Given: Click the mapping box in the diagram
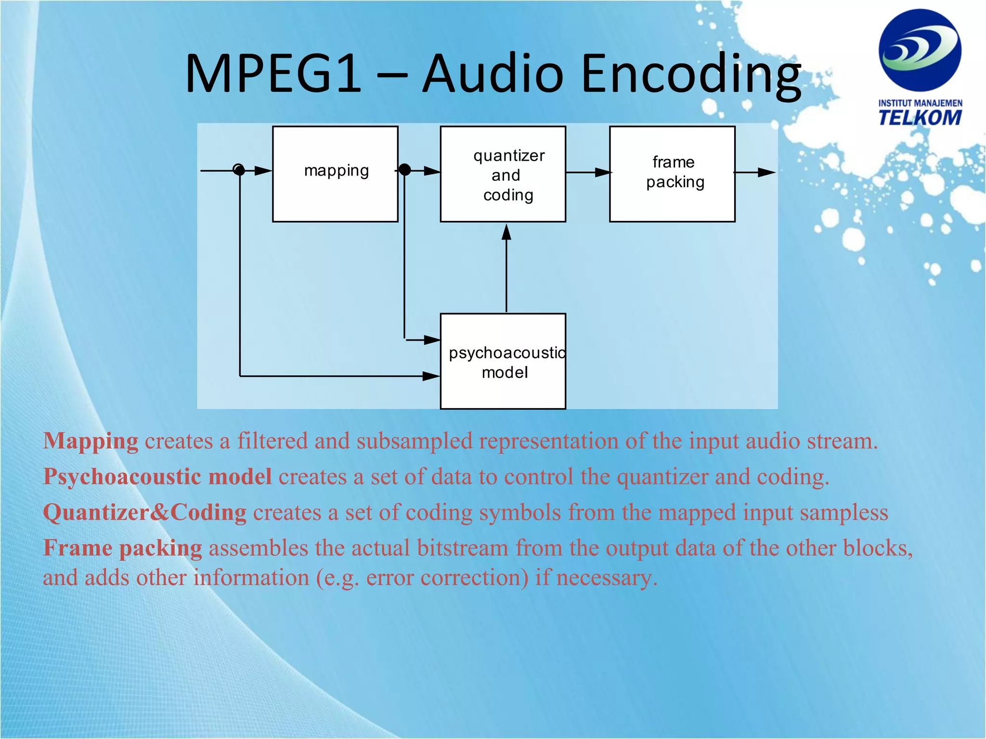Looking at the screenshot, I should pos(335,174).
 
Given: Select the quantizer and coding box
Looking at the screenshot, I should pos(503,174).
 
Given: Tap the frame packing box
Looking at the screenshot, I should pos(672,174).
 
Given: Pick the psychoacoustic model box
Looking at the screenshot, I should pos(503,361).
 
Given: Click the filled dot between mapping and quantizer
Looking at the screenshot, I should pos(405,169).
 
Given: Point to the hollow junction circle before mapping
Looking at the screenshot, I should pos(238,169).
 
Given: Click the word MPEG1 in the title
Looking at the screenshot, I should pos(272,74).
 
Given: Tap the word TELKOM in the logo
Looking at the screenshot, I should pos(920,118).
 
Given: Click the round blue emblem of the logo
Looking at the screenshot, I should pos(920,50).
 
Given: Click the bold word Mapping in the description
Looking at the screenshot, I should pos(91,441).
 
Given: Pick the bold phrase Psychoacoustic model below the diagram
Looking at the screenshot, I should pos(157,477).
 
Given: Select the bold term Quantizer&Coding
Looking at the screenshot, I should pos(144,512).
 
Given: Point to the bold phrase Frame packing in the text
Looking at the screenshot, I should pos(123,548).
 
